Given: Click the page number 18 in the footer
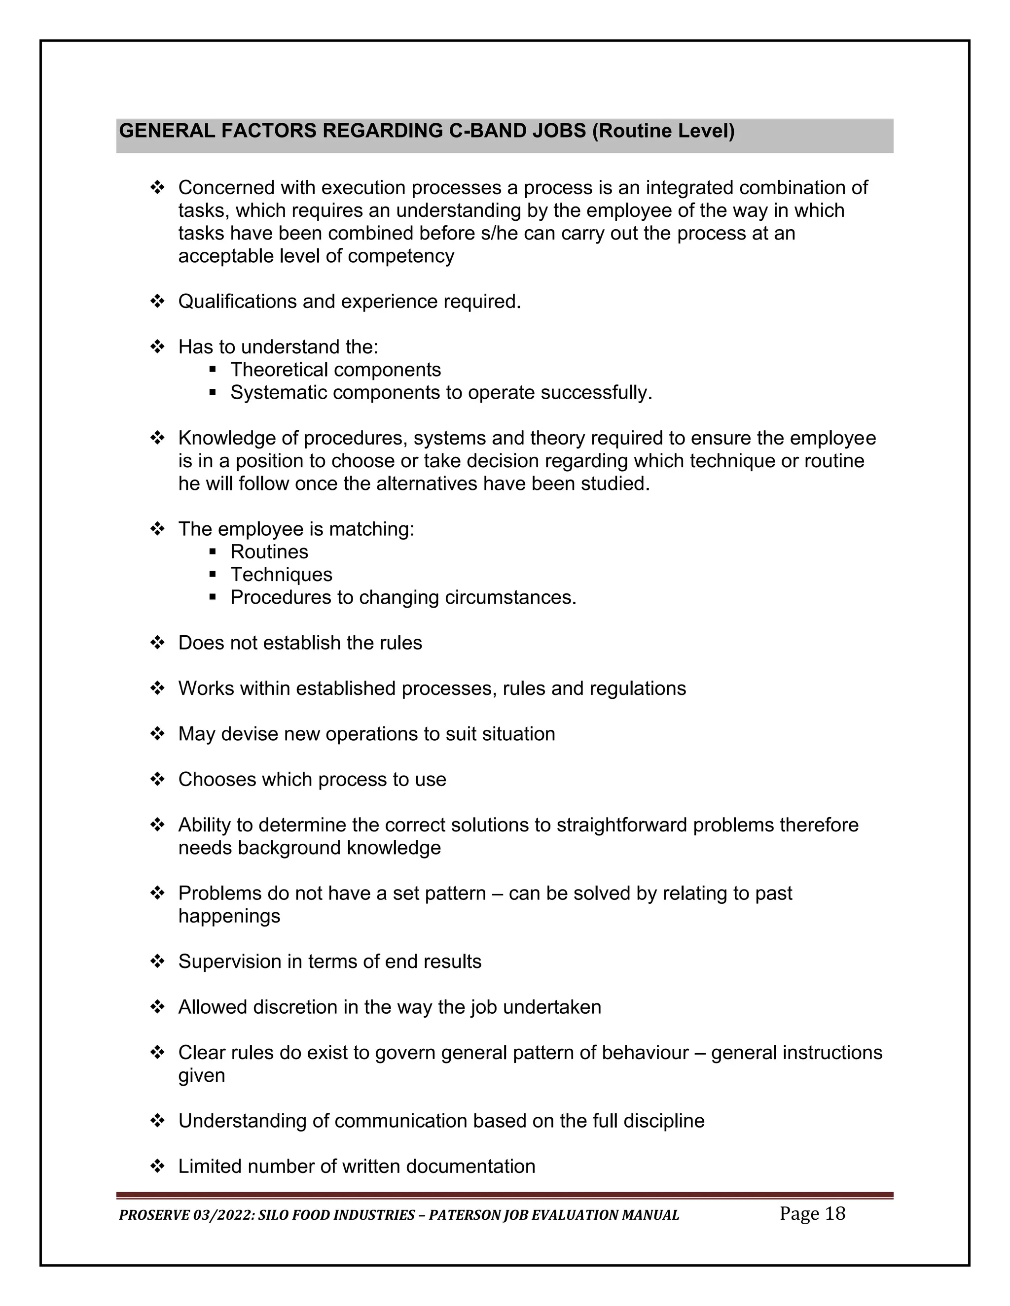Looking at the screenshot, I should (x=835, y=1213).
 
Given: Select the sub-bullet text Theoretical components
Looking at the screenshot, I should (x=336, y=370).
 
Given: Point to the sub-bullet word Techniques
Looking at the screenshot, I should (x=281, y=575).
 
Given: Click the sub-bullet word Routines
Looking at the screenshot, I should (x=269, y=552).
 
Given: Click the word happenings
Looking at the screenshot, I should (x=229, y=916).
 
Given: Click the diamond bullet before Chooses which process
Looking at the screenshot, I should (x=157, y=780).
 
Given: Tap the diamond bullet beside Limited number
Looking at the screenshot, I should (x=157, y=1167).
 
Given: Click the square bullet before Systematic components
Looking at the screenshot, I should (x=213, y=393).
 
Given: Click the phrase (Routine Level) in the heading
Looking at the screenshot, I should (x=663, y=131).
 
